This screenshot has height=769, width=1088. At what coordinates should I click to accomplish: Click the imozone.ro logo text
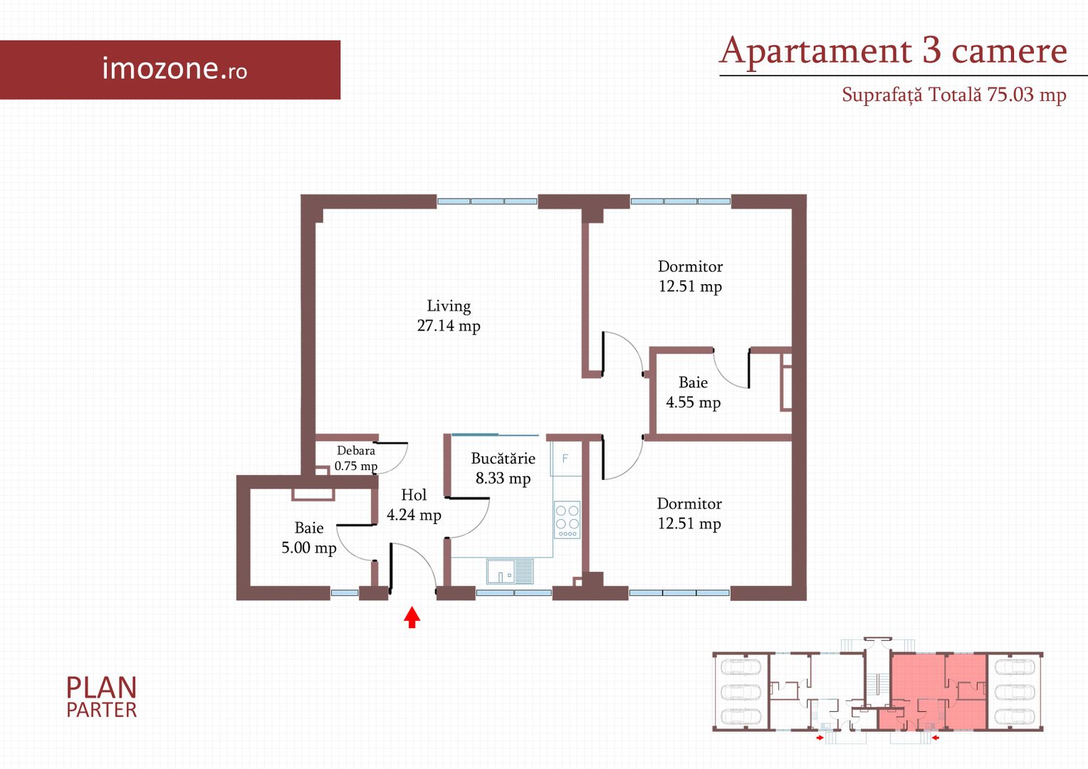click(175, 68)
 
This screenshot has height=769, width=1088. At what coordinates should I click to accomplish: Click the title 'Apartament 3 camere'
click(893, 51)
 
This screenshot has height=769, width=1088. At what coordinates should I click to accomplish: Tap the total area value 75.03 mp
click(1026, 94)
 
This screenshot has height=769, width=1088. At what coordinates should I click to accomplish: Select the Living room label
click(449, 306)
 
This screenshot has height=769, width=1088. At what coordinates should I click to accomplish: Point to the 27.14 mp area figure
click(449, 325)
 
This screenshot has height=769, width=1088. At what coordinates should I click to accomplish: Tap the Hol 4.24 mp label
click(414, 505)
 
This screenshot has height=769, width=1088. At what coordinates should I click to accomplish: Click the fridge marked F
click(566, 459)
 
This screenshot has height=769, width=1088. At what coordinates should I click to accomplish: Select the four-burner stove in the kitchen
click(567, 520)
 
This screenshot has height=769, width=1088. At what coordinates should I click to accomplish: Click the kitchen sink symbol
click(510, 571)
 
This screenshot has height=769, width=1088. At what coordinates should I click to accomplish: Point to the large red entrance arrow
click(412, 617)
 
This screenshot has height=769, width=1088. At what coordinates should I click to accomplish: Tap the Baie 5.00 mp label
click(309, 538)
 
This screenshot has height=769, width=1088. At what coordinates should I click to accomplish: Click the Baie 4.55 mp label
click(693, 392)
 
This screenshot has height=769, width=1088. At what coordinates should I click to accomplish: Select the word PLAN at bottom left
click(102, 688)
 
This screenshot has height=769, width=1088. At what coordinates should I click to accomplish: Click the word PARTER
click(102, 710)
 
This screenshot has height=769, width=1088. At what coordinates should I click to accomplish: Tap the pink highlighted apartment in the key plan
click(933, 691)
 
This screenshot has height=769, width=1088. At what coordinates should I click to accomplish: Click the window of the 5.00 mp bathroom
click(345, 592)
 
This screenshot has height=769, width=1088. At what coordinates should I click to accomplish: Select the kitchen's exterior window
click(514, 592)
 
